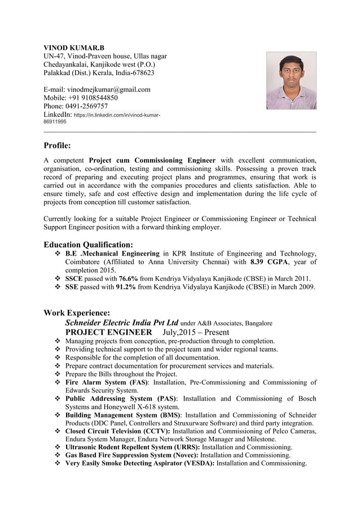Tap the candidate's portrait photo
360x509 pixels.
click(x=291, y=81)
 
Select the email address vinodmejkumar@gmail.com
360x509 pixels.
click(x=109, y=89)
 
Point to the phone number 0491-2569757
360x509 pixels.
click(x=87, y=106)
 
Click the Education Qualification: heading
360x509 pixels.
click(x=88, y=244)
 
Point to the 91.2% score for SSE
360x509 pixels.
click(x=125, y=287)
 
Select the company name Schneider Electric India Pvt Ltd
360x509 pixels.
click(x=121, y=323)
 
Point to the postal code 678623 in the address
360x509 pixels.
click(x=143, y=73)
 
